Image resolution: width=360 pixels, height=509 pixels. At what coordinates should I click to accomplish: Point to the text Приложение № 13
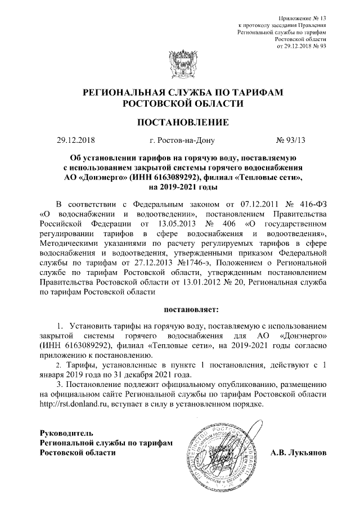303,19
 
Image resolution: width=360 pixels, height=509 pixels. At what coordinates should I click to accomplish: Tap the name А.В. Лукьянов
298,453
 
